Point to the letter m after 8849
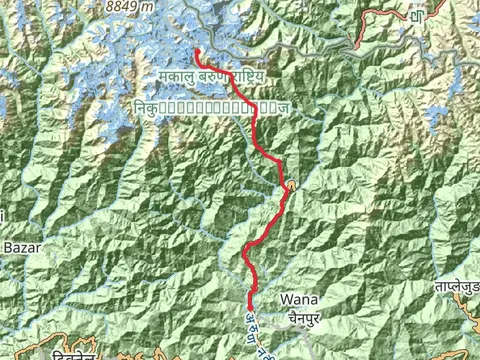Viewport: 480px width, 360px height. [149, 6]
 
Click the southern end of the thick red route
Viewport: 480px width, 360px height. [250, 309]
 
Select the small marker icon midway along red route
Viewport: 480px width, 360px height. [290, 187]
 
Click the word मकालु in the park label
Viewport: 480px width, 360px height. [179, 76]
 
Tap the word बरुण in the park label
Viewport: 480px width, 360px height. [218, 76]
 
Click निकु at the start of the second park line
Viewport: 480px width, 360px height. [146, 105]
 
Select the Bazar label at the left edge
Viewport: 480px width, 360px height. [20, 246]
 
